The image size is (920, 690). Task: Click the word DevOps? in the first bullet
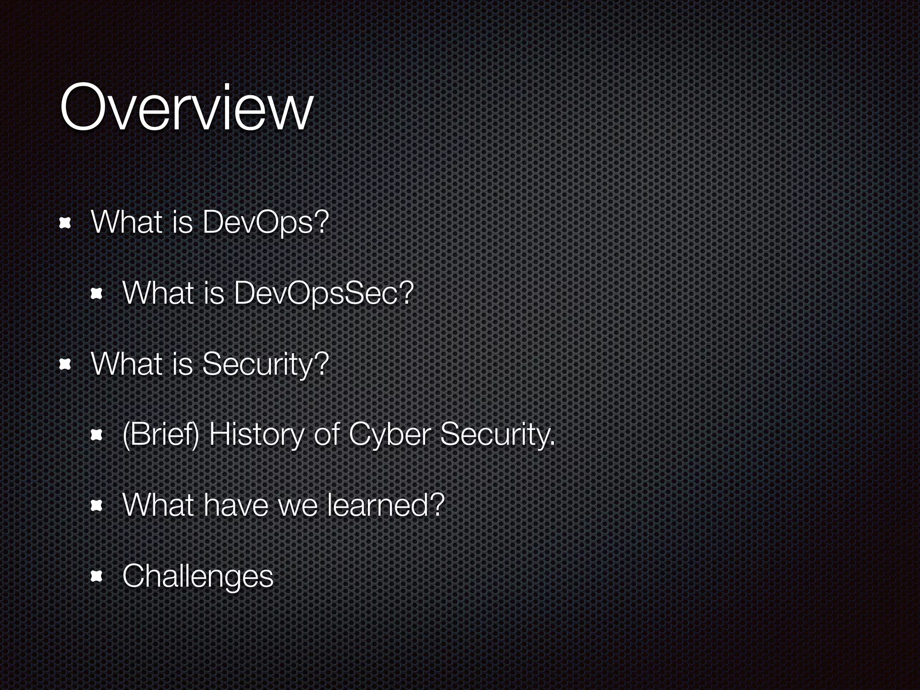coord(265,223)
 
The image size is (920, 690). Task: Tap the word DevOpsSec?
coord(323,293)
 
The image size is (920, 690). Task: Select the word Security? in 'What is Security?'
coord(265,364)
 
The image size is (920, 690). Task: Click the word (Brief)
coord(160,435)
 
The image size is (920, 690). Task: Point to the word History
coord(256,435)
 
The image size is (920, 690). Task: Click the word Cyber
coord(389,435)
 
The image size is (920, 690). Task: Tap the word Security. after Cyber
coord(497,435)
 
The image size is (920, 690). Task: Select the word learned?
coord(386,505)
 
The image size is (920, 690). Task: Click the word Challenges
coord(198,576)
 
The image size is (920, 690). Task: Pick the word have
coord(236,505)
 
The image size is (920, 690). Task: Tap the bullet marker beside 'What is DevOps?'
coord(66,223)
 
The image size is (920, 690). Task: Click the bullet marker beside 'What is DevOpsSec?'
coord(97,294)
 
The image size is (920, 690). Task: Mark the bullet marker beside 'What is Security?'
coord(66,365)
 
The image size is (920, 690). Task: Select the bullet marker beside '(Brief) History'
coord(97,435)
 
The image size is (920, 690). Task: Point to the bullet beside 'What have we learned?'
coord(97,506)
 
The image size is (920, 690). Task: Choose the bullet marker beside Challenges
coord(97,577)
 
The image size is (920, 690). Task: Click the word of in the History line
coord(326,435)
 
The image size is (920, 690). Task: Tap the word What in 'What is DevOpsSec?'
coord(158,293)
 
